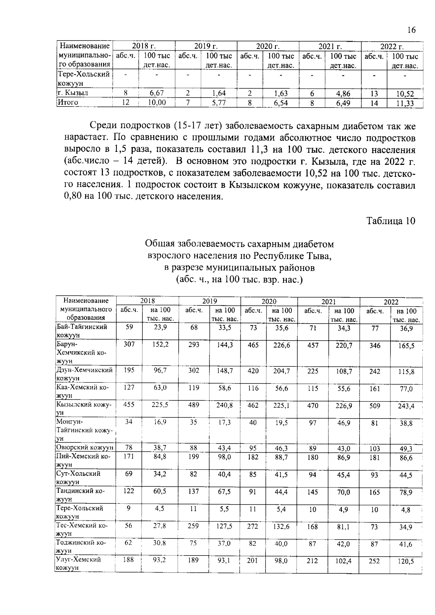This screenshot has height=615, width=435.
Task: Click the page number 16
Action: (x=411, y=30)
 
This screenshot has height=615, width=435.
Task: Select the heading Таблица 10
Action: (x=390, y=221)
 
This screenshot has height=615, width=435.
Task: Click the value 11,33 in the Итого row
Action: (x=405, y=103)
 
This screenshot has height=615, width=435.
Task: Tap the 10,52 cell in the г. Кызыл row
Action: (x=405, y=94)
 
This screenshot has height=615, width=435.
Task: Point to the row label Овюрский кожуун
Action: (x=85, y=448)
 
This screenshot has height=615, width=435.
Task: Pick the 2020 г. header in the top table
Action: (x=268, y=46)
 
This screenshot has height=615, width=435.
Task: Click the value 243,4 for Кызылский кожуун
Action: (x=406, y=406)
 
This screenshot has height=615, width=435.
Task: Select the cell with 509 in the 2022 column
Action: (x=374, y=406)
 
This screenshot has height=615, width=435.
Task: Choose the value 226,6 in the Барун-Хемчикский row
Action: (x=282, y=345)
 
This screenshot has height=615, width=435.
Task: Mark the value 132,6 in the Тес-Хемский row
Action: (x=282, y=526)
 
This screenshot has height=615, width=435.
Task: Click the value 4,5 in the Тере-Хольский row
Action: (x=159, y=508)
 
